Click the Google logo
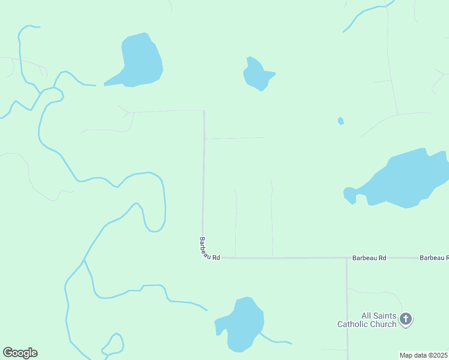[20, 353]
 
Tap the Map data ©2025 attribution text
[424, 355]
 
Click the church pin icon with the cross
[406, 319]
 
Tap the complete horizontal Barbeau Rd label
[369, 257]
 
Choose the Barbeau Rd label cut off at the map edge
[434, 257]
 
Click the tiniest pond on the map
[341, 121]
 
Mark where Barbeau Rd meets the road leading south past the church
[347, 258]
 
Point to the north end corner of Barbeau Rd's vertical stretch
[204, 111]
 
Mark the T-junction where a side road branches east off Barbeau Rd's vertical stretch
[205, 139]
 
